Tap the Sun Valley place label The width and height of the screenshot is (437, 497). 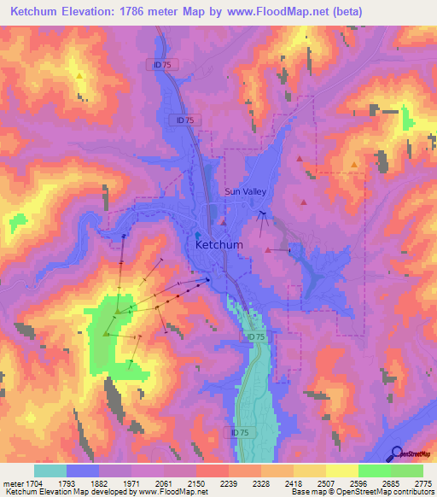tap(246, 192)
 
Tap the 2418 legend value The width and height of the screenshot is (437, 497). tap(294, 482)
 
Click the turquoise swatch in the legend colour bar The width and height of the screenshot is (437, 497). tap(50, 471)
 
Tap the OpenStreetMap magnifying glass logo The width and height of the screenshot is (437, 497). tap(395, 453)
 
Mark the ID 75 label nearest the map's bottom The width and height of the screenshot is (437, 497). tap(242, 433)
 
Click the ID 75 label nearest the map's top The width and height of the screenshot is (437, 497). tap(153, 64)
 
